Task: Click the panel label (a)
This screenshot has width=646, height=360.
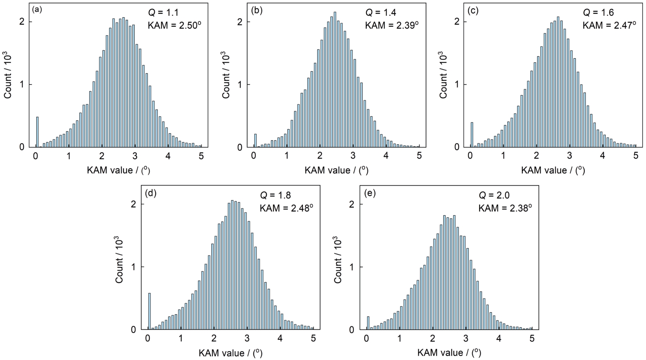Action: [37, 10]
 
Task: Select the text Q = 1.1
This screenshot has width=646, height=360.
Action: [163, 13]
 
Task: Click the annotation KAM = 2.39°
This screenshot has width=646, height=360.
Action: [392, 25]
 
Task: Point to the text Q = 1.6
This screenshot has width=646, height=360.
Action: [598, 13]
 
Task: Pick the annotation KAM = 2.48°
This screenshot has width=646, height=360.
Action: [286, 208]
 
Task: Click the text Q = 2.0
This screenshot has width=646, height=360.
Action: [494, 195]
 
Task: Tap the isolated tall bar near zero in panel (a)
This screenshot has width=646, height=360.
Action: [37, 132]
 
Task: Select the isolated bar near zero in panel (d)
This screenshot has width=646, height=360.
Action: [149, 311]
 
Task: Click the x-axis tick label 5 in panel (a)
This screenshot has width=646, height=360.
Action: [201, 156]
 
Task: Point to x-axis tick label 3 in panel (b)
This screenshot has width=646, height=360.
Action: [353, 156]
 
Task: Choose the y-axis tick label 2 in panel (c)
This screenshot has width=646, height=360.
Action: [457, 22]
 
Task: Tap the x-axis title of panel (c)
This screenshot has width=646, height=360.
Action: [553, 170]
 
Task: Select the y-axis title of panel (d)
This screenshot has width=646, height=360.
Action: [120, 259]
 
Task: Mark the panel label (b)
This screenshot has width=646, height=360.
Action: [256, 10]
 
